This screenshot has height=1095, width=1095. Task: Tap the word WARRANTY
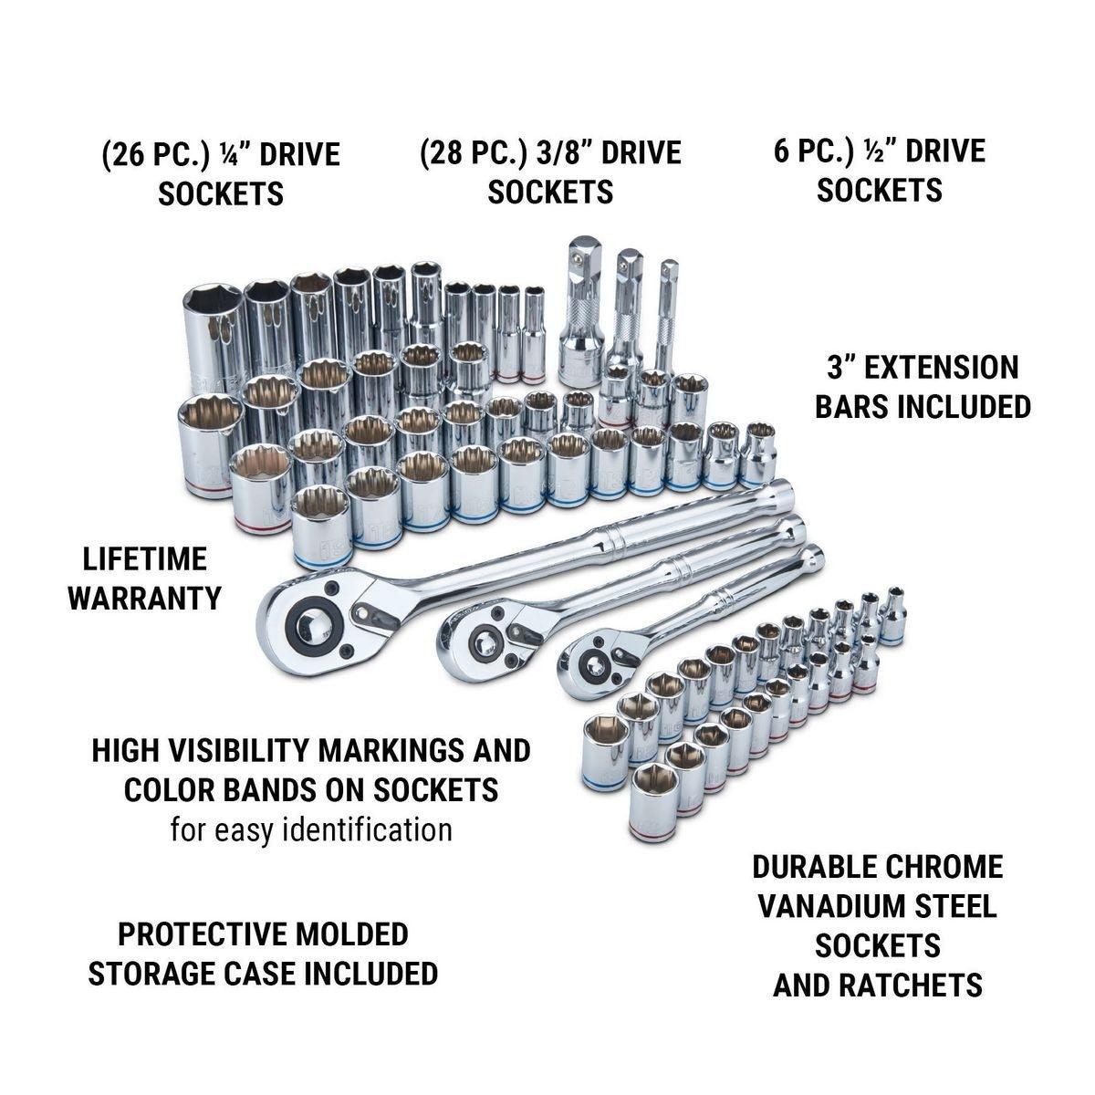click(x=146, y=598)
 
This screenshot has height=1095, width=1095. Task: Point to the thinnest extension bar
click(x=669, y=306)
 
